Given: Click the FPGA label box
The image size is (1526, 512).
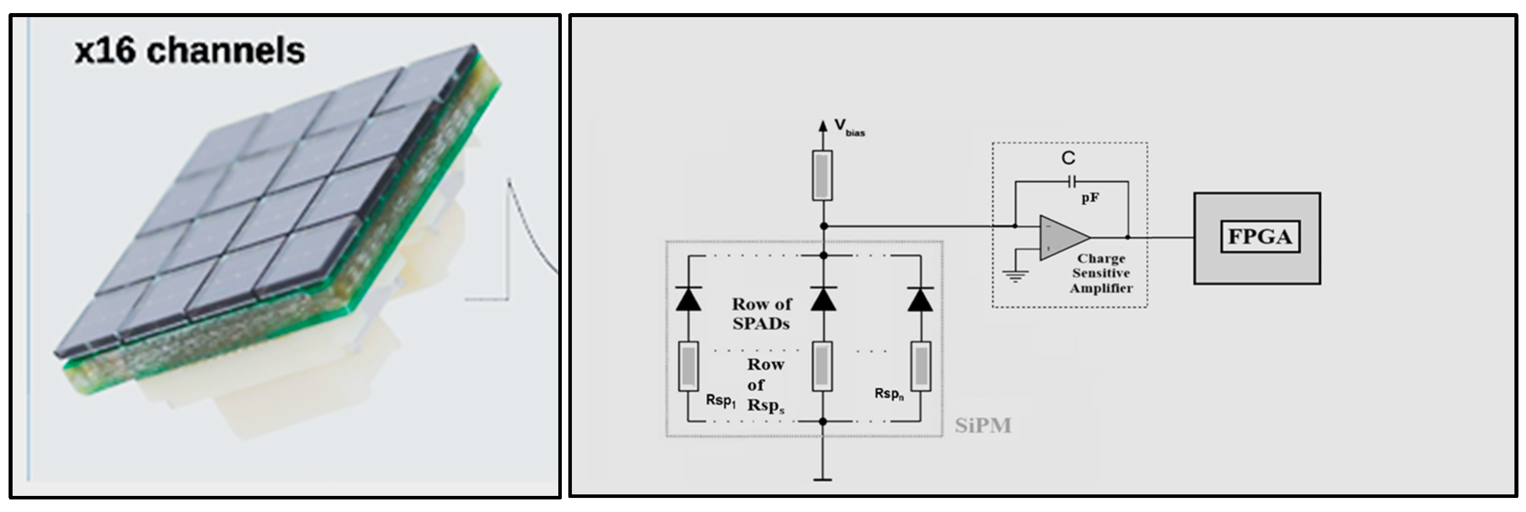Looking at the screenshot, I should point(1260,237).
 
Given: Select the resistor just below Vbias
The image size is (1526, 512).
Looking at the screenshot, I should point(822,176).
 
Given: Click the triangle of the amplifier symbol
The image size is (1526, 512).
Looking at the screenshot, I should point(1062,237).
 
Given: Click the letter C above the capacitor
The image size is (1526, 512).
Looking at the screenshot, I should point(1068,158).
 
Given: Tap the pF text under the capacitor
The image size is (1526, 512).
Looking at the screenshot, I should point(1090,198).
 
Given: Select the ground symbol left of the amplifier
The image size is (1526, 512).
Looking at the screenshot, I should point(1015,275).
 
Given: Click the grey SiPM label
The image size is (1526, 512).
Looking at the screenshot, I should point(983,425).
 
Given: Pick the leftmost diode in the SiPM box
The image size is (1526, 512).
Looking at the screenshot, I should point(689,300).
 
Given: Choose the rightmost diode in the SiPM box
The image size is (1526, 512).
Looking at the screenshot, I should point(920,300).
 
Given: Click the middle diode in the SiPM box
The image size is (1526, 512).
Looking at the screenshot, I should point(823,300).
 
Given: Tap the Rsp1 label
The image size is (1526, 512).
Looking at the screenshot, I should point(720,400).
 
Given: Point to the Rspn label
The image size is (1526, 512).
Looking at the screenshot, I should point(889,394).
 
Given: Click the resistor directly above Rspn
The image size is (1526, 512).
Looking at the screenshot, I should point(920,366).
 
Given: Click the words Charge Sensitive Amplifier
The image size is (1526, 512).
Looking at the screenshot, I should point(1100,274).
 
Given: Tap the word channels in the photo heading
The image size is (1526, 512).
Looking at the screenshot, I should point(226,51).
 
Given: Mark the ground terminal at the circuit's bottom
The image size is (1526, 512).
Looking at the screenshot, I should point(822,479).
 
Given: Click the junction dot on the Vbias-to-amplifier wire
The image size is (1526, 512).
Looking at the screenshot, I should point(823,226).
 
